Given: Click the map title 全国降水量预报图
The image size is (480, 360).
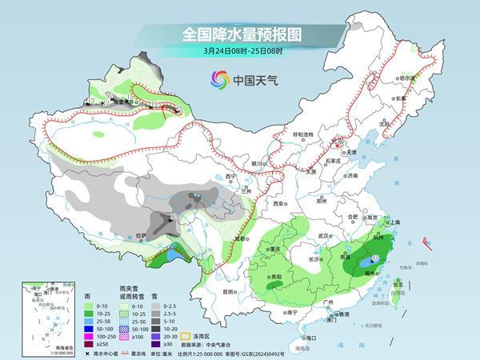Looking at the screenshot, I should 239,34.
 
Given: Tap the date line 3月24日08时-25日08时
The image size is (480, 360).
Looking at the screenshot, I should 239,53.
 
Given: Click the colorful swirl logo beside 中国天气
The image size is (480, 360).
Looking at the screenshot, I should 218,79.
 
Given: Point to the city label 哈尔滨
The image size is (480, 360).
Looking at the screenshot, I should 409,78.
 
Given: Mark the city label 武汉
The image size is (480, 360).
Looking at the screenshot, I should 323,236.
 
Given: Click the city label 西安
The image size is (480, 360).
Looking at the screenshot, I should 278,203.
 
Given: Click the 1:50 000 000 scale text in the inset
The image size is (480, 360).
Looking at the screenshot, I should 35,353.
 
